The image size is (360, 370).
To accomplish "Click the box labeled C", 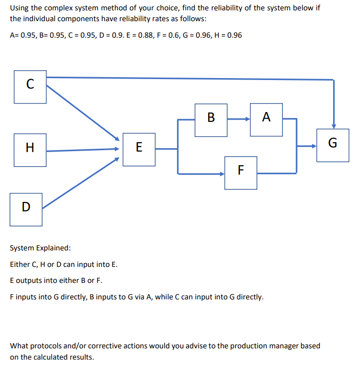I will coord(30,87).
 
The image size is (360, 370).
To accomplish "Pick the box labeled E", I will coord(139,149).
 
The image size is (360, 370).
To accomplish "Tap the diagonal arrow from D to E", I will coord(80,183).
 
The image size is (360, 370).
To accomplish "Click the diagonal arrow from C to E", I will coord(82,113).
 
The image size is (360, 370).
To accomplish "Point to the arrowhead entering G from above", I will coord(334,125).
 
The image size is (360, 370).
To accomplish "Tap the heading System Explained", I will coord(40,248).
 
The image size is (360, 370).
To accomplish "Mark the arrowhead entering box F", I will coord(222,174).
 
